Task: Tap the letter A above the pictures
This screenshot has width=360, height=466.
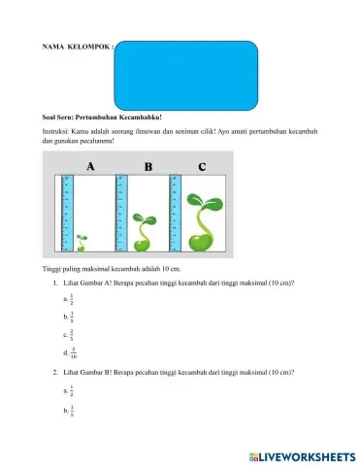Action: pyautogui.click(x=90, y=167)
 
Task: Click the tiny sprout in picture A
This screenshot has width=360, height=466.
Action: pyautogui.click(x=82, y=237)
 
